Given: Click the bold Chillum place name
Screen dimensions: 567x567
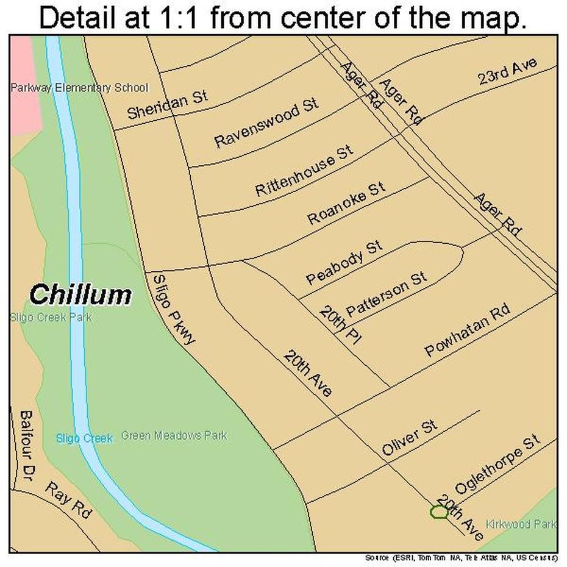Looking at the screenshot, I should point(80,295).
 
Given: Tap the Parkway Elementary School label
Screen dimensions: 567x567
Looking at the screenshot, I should point(79,88).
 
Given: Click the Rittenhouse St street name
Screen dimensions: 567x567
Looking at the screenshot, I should point(304,170).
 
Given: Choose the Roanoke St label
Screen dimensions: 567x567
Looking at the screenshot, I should point(346,202).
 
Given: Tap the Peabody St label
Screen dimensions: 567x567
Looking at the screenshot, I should point(352,263).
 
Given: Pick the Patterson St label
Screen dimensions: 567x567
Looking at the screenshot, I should point(394,294).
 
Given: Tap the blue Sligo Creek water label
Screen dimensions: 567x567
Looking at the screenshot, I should point(84,438).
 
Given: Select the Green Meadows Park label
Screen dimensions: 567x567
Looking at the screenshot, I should point(174,436).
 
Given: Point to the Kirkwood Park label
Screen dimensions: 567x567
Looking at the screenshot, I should point(521,524).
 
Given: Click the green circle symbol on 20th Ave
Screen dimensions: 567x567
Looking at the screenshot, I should point(438,512).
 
